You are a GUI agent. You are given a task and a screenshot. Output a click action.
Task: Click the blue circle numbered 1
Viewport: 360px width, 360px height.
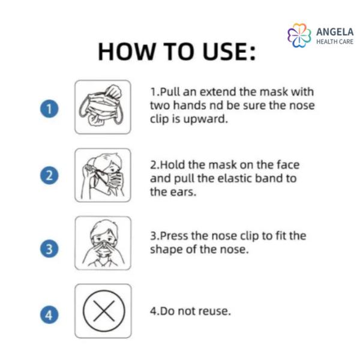(x=49, y=109)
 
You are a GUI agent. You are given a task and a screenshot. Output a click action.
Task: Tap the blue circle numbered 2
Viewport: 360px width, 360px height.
(x=49, y=175)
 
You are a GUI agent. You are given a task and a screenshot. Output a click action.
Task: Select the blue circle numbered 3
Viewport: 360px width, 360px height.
(x=49, y=248)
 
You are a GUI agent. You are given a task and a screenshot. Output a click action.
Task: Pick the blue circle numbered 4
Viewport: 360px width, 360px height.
(x=49, y=314)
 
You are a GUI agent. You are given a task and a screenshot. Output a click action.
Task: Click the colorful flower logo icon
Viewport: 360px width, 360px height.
(x=299, y=35)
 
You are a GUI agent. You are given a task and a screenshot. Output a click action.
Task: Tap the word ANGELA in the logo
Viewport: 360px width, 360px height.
(x=335, y=32)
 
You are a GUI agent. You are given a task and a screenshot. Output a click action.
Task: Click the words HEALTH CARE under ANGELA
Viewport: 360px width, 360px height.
(x=335, y=41)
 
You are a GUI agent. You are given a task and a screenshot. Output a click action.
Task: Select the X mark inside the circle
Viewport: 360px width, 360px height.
(x=104, y=311)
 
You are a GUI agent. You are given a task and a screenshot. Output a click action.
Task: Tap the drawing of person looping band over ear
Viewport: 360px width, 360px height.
(x=103, y=176)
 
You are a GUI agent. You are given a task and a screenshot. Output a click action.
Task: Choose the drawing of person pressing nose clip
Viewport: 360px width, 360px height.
(x=103, y=243)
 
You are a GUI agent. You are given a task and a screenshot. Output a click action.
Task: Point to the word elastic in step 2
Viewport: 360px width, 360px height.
(x=235, y=178)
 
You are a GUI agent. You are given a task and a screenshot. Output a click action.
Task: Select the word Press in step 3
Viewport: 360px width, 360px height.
(x=174, y=236)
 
